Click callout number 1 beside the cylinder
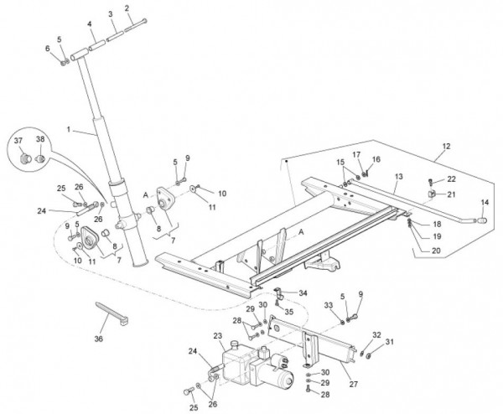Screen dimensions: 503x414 [69, 130]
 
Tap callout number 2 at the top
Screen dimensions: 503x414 [127, 8]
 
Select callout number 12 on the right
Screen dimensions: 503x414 [446, 146]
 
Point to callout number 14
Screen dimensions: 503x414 [485, 202]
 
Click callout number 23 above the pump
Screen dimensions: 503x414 [218, 336]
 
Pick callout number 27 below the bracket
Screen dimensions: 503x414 [353, 384]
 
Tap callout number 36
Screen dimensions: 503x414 [99, 339]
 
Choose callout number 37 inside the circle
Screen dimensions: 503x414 [18, 140]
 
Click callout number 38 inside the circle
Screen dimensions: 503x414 [40, 139]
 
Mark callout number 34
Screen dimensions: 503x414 [303, 292]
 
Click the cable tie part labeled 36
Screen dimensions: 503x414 [112, 313]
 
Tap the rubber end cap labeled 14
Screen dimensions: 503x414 [482, 220]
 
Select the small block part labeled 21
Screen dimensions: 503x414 [432, 194]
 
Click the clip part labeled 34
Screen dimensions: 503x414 [278, 293]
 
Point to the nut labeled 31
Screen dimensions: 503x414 [369, 355]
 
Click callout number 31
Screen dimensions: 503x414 [389, 342]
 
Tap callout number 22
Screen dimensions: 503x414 [451, 179]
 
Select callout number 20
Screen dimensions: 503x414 [436, 251]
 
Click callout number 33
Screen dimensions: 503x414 [328, 305]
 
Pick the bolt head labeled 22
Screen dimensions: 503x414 [431, 183]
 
